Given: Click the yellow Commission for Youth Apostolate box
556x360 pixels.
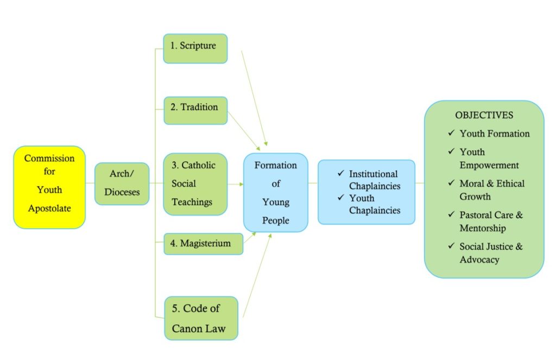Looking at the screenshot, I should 49,187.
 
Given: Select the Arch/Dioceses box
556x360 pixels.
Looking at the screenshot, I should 122,184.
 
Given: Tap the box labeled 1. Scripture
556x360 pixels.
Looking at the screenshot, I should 195,48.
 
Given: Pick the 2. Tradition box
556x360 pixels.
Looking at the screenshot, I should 195,110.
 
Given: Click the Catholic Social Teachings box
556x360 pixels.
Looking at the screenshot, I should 195,184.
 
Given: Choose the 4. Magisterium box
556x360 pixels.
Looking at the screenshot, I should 203,244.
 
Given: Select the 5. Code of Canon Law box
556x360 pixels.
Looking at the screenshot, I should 201,318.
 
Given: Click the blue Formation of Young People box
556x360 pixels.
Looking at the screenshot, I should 275,192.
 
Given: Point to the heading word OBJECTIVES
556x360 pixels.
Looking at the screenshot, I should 484,115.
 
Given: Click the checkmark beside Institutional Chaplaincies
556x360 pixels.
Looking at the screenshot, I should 340,173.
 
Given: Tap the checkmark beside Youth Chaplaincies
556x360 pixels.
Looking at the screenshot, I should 340,198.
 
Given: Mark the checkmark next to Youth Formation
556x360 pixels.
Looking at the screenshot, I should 451,133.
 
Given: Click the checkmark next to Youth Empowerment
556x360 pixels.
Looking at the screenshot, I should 451,151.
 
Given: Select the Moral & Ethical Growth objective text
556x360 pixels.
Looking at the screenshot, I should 491,190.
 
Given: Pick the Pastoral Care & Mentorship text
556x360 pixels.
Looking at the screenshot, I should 491,222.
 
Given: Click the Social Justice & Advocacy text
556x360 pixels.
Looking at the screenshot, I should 491,253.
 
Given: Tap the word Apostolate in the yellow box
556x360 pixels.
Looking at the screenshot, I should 49,207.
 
